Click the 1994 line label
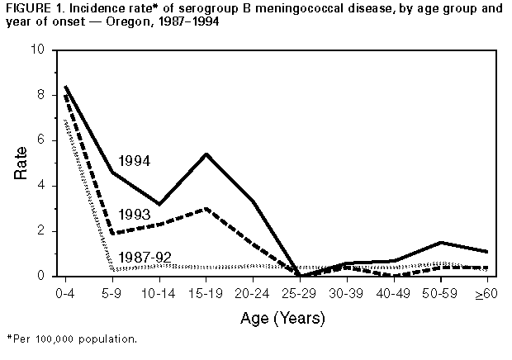point(135,161)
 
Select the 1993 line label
point(135,214)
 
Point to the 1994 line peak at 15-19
point(205,154)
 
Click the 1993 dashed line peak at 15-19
point(205,208)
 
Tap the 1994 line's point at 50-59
point(441,243)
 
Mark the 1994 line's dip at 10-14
point(158,204)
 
